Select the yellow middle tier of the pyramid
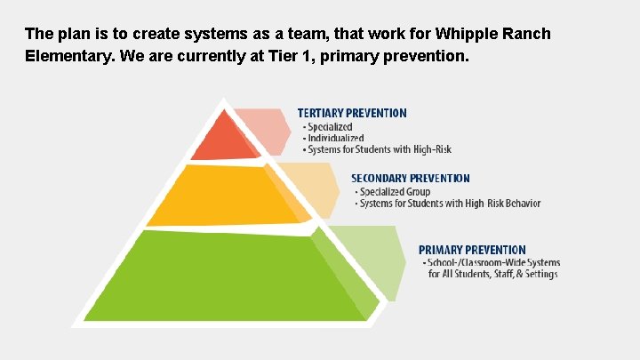coord(218,196)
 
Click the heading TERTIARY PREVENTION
coord(352,114)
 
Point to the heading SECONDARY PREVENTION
coord(411,179)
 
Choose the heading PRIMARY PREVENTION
coord(472,250)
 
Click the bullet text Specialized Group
coord(394,191)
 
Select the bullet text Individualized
coord(333,138)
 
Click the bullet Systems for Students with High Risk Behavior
coord(449,204)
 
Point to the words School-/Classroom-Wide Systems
coord(493,262)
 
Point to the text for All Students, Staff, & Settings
coord(492,274)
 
